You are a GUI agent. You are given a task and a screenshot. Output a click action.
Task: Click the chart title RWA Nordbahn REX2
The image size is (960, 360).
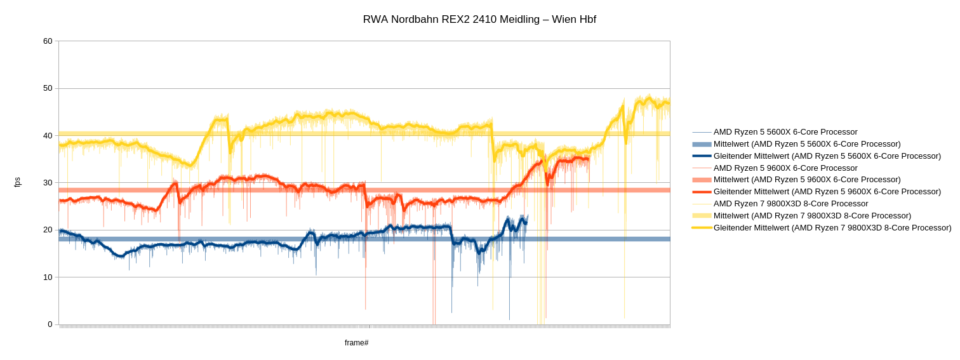(479, 20)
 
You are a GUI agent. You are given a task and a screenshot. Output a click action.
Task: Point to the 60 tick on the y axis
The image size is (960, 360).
(48, 41)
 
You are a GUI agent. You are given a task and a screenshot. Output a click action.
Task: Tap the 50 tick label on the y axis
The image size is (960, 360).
(48, 88)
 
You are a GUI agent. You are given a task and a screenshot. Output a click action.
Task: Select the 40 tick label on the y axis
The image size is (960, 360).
(48, 136)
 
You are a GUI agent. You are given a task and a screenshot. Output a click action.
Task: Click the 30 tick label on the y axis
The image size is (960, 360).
(48, 183)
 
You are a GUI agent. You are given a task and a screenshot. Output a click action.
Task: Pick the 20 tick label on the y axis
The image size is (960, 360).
(48, 230)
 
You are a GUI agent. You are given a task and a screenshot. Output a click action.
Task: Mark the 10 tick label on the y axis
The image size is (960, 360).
(48, 277)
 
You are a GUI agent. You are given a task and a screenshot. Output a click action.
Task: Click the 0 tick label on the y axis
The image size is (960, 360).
(50, 324)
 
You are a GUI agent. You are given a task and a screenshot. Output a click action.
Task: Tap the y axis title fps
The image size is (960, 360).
(17, 182)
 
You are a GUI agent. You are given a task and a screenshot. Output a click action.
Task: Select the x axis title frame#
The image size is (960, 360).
(356, 343)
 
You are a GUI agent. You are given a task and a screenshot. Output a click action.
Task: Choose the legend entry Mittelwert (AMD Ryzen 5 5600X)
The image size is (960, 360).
(807, 144)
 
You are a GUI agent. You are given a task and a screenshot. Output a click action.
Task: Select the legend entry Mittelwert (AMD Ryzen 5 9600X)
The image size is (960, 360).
(807, 180)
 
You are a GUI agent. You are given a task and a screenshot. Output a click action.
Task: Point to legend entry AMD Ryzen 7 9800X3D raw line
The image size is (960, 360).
(790, 204)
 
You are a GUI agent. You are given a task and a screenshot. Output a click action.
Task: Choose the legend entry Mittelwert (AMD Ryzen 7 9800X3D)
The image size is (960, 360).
(812, 216)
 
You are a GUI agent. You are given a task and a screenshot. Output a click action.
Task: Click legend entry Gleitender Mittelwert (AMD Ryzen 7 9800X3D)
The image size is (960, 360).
(832, 228)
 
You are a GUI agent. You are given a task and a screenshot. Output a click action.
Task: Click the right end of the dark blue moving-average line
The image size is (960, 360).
(526, 222)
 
